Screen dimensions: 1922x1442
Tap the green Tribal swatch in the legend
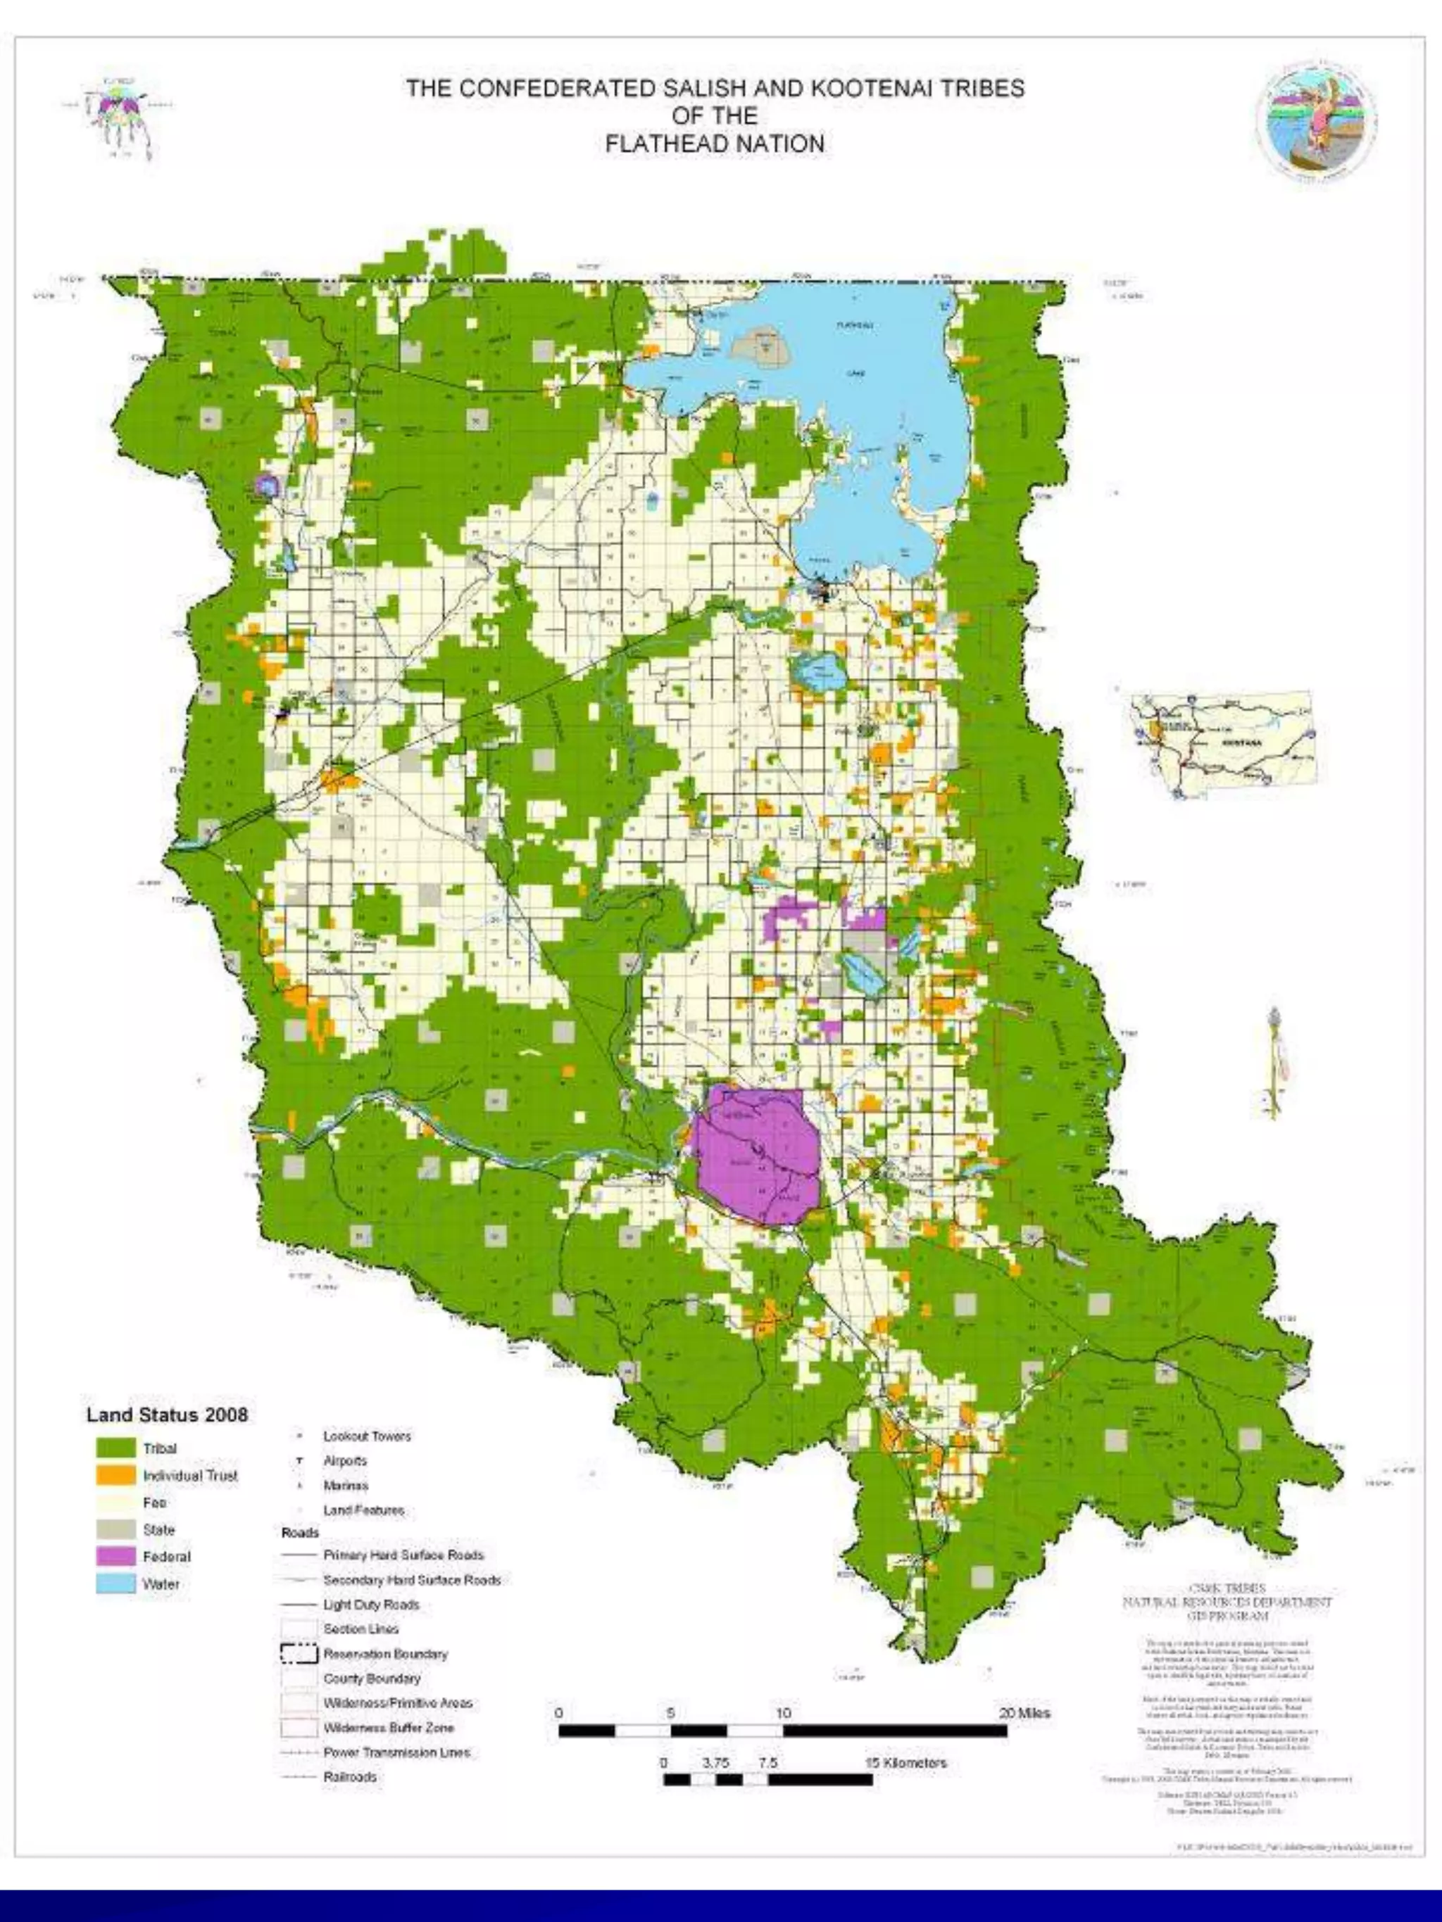115,1448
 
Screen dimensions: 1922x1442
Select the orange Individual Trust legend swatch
115,1475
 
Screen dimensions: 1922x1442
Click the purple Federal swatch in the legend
115,1556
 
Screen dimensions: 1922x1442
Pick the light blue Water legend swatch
115,1583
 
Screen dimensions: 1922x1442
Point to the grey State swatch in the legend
115,1529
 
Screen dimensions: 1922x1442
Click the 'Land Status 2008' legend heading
167,1415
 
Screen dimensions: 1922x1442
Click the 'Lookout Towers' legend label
367,1436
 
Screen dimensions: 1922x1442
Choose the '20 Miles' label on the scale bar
1024,1714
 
